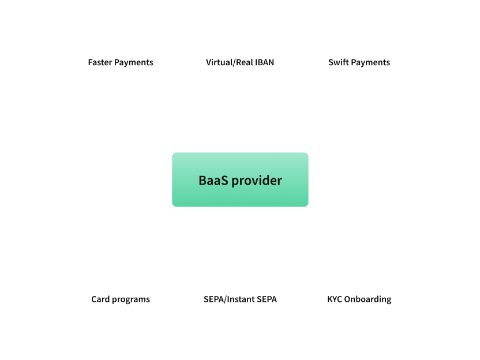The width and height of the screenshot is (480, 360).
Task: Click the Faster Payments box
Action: pos(121,61)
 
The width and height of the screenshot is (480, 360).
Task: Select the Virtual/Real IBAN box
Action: pos(240,61)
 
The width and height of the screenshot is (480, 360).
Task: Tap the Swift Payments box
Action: pos(359,61)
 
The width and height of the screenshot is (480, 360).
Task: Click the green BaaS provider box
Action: pos(240,179)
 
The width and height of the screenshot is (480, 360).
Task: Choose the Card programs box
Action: pos(121,298)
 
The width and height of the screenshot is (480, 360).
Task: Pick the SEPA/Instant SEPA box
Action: pos(240,298)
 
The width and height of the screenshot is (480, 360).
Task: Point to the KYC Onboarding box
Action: pos(359,298)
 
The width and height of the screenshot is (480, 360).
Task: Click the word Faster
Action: pos(100,62)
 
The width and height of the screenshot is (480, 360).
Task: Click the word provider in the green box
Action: pos(255,181)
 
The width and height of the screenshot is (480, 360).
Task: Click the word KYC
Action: pos(335,299)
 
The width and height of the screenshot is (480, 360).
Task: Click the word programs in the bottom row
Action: pos(131,299)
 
